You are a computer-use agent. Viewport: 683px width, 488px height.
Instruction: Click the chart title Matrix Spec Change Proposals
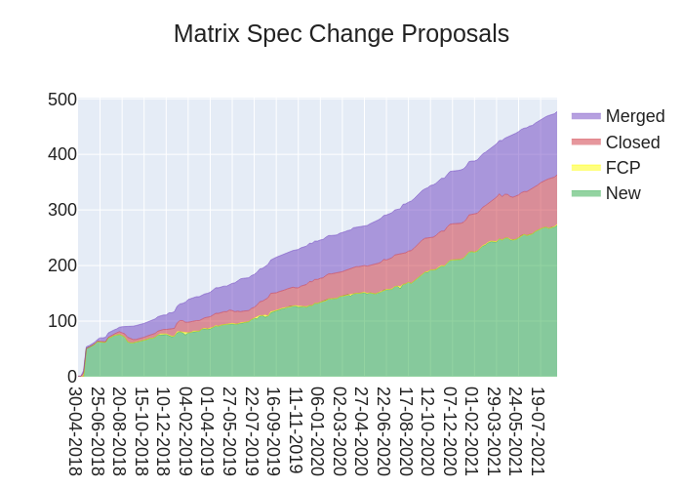341,33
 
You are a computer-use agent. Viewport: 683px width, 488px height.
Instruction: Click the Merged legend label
634,116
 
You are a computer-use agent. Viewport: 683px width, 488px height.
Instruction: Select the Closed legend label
632,142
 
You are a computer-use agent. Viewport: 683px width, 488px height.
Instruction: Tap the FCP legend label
623,168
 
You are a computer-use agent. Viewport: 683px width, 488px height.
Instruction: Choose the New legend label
623,193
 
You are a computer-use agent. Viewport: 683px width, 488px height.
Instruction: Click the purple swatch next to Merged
586,116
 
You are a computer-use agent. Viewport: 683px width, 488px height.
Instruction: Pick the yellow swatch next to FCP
586,168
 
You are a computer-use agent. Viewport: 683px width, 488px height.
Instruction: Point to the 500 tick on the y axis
62,100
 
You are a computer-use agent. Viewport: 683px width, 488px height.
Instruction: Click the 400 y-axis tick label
62,154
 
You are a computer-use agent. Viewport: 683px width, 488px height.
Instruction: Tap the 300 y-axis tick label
62,210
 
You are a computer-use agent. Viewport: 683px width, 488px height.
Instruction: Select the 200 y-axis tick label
62,265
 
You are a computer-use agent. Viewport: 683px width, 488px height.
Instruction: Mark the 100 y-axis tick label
62,321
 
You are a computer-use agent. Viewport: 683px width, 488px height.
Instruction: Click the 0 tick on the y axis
71,377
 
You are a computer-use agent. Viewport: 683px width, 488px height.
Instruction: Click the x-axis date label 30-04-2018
76,430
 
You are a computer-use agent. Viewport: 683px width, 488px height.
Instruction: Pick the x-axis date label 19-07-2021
538,430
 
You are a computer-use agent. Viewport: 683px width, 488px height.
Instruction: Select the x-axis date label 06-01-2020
317,430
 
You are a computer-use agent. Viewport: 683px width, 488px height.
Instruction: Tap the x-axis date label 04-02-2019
185,430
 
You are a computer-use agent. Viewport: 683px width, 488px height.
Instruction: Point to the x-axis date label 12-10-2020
427,430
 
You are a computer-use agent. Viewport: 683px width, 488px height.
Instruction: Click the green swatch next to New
586,193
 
